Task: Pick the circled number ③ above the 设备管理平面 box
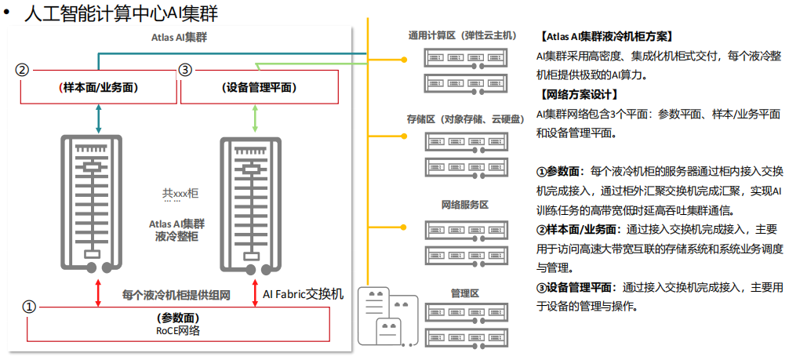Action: (185, 70)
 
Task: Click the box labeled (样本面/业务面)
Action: (98, 87)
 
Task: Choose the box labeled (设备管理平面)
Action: (259, 87)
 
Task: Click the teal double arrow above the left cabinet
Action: (98, 118)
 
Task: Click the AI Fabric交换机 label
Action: (303, 295)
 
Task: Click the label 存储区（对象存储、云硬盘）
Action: (464, 119)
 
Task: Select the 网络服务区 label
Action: (464, 205)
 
